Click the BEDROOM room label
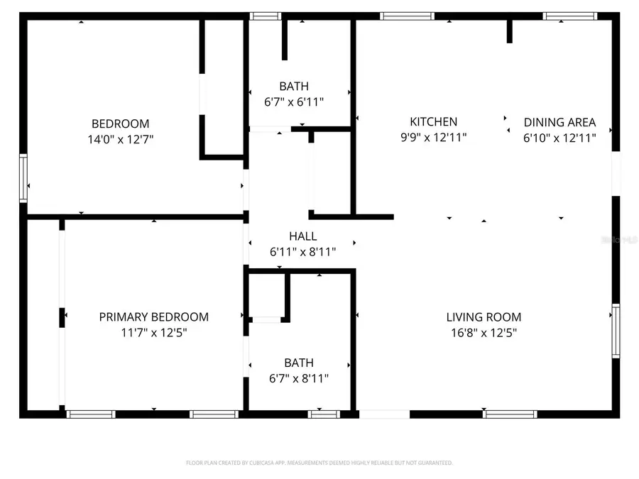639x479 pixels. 120,123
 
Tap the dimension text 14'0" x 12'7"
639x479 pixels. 120,139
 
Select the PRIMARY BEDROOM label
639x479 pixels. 154,316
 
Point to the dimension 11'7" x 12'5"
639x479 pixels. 154,332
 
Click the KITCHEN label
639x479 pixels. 433,122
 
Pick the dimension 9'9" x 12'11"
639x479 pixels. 433,138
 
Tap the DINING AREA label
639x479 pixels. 559,122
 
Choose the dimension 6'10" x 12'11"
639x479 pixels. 559,138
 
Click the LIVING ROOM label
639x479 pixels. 484,317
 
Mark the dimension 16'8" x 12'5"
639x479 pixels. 484,333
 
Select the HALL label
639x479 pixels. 302,236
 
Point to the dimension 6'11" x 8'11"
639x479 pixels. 302,251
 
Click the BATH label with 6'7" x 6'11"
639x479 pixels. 294,87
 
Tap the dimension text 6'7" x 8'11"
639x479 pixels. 298,378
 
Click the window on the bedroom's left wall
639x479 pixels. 23,180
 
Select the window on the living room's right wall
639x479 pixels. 616,331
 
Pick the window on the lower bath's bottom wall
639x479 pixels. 324,414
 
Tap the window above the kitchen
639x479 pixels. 407,16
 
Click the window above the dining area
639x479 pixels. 570,16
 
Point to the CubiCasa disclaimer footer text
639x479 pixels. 319,463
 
